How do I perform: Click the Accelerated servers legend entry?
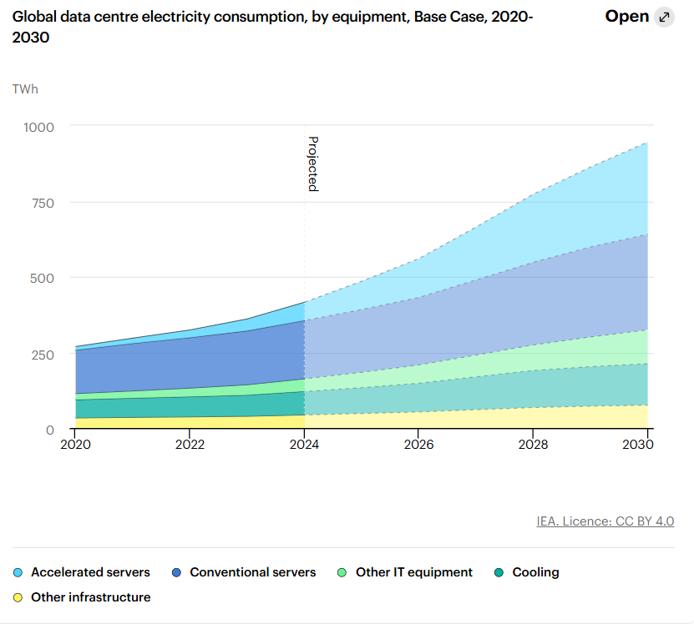tap(82, 572)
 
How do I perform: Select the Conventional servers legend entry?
tap(244, 572)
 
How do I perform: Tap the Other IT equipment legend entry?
tap(405, 572)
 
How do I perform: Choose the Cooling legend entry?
tap(527, 572)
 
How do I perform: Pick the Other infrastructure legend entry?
tap(82, 597)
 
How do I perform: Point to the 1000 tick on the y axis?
tap(38, 128)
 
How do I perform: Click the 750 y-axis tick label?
tap(43, 204)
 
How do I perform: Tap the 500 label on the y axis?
tap(42, 279)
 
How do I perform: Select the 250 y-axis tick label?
tap(43, 355)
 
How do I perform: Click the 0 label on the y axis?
tap(50, 430)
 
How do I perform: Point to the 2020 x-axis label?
tap(76, 445)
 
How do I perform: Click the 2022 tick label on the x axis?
tap(190, 445)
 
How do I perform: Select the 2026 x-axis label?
tap(418, 445)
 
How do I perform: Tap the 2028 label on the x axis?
tap(533, 445)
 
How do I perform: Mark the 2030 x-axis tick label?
tap(638, 445)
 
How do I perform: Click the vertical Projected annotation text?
tap(313, 164)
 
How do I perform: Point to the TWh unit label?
tap(25, 89)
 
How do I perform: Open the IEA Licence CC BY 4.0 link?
tap(605, 521)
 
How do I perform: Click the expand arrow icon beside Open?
tap(664, 18)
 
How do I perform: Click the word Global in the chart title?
tap(34, 17)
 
